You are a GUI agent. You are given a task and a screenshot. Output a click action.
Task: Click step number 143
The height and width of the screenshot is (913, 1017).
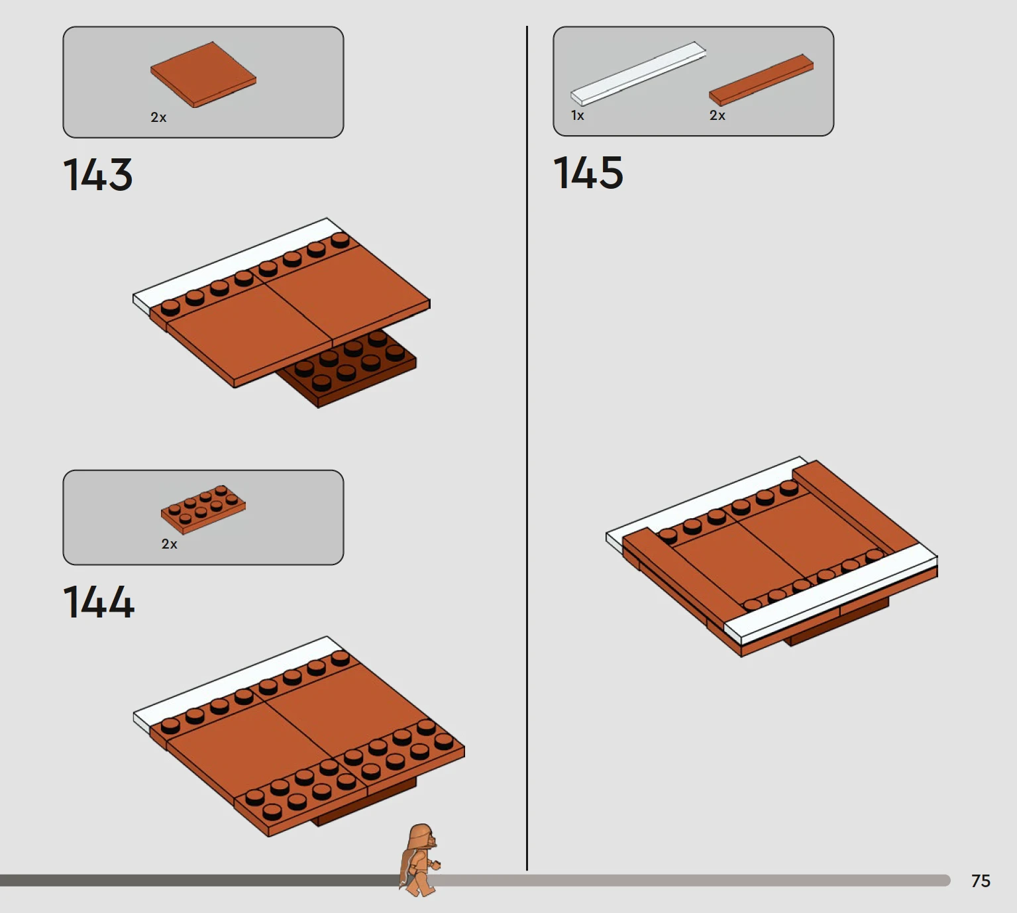click(x=98, y=174)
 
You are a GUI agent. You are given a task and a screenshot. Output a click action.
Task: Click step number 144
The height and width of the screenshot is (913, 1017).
click(x=99, y=602)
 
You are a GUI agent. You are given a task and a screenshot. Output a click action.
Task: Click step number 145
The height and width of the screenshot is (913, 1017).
click(x=588, y=172)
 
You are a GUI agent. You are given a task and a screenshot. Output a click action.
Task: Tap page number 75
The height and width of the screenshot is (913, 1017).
click(x=981, y=881)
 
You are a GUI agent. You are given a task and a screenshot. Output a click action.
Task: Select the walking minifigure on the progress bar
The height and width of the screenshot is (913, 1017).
click(x=419, y=859)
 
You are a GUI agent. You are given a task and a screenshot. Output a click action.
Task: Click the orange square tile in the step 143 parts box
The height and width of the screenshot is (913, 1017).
click(x=203, y=74)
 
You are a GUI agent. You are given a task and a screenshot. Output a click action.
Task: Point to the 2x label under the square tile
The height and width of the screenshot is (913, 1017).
click(x=158, y=117)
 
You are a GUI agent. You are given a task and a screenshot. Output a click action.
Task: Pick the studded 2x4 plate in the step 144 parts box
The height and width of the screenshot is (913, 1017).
click(x=203, y=509)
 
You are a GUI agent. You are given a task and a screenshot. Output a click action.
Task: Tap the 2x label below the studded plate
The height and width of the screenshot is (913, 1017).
click(x=169, y=543)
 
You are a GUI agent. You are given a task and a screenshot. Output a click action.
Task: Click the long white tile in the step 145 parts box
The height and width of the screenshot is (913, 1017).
click(x=638, y=74)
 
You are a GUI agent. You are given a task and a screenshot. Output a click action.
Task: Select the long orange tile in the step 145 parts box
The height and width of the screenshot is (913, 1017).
click(x=761, y=80)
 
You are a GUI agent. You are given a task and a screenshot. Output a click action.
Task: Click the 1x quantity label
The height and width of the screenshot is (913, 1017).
click(x=577, y=115)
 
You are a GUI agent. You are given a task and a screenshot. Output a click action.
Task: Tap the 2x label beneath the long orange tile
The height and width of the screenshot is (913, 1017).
click(x=718, y=115)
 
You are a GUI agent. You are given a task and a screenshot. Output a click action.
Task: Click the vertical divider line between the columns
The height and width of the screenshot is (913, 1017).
click(x=527, y=448)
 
